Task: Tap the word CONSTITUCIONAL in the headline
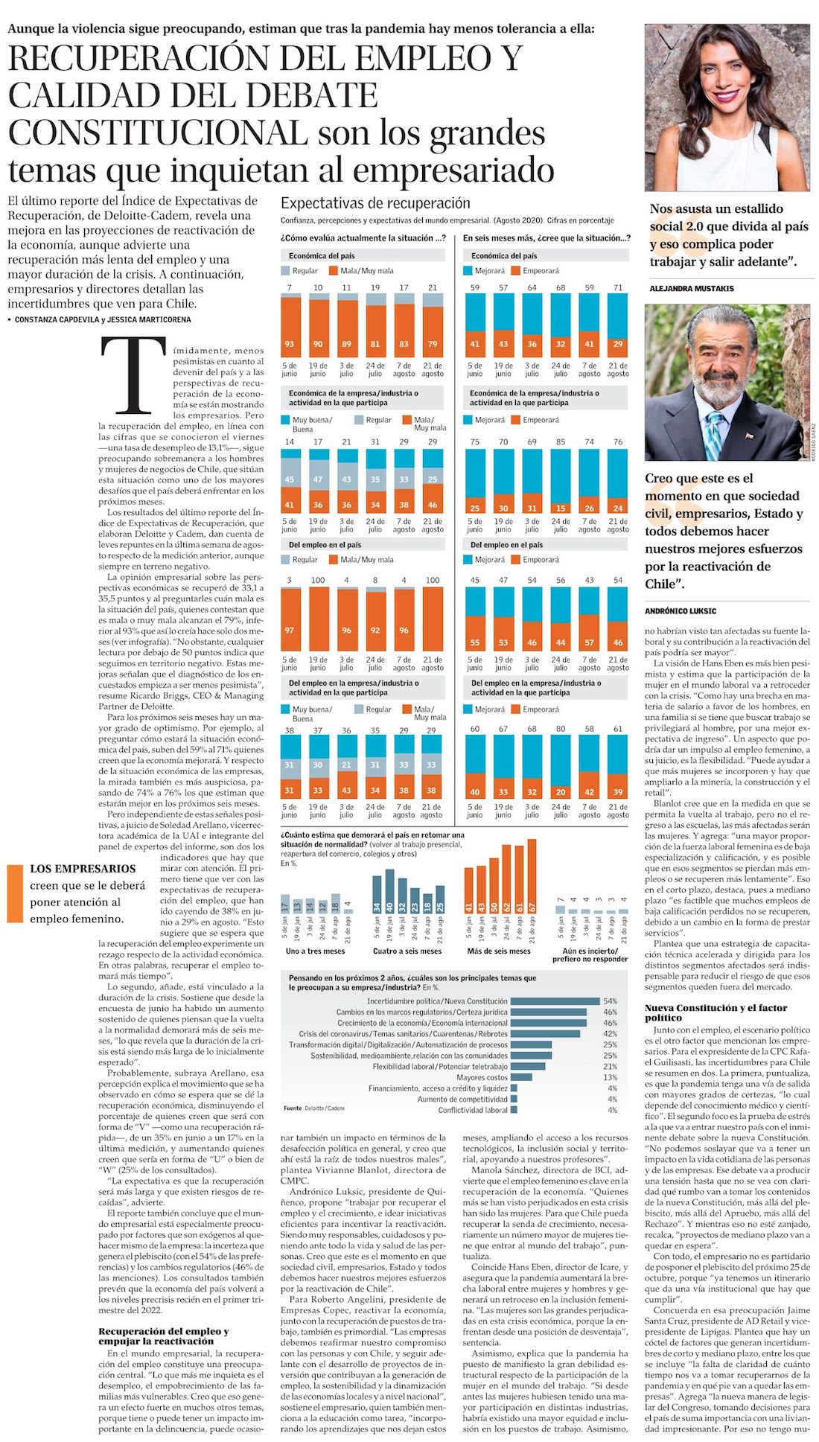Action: (157, 133)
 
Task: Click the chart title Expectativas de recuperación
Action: (375, 203)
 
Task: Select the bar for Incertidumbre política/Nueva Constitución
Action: (555, 1001)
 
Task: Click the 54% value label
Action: (610, 1001)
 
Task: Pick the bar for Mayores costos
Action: (521, 1077)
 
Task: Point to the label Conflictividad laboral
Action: (473, 1110)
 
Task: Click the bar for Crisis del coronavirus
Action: (545, 1034)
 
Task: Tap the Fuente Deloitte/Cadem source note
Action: (313, 1108)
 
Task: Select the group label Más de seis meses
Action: (499, 951)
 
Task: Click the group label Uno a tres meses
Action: (315, 951)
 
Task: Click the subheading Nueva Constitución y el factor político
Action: (716, 1012)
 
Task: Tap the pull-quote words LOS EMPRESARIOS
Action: (83, 869)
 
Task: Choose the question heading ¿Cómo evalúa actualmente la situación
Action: (363, 238)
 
